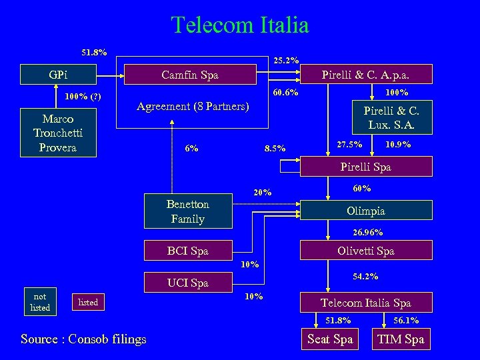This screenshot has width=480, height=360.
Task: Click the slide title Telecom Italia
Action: click(x=240, y=25)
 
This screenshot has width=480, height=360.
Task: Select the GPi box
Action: click(x=58, y=75)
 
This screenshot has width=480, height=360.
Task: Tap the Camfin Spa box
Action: click(x=189, y=75)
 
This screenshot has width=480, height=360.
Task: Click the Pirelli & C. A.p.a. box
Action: click(x=365, y=75)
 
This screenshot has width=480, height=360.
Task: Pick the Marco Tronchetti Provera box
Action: click(x=58, y=133)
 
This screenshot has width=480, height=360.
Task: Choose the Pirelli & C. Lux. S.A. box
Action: click(x=390, y=117)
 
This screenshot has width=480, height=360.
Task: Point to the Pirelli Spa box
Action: click(x=365, y=167)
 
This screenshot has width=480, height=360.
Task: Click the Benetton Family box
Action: click(x=188, y=211)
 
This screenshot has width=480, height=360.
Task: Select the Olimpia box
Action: click(x=365, y=211)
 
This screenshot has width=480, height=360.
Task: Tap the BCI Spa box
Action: click(x=188, y=251)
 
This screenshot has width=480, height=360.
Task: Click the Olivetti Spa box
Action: click(x=365, y=251)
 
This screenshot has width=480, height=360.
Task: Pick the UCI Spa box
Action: click(x=188, y=283)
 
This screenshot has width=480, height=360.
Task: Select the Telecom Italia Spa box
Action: click(x=365, y=303)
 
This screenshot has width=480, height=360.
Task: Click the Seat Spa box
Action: click(x=329, y=339)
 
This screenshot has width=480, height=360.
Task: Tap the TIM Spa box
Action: click(x=400, y=339)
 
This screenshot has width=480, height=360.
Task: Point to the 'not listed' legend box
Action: click(x=40, y=302)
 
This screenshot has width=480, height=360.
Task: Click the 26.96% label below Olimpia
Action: click(x=367, y=233)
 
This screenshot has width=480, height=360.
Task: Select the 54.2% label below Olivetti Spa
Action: click(x=365, y=275)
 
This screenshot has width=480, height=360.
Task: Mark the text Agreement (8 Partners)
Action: click(x=193, y=107)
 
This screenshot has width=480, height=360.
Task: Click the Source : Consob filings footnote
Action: click(x=83, y=339)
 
